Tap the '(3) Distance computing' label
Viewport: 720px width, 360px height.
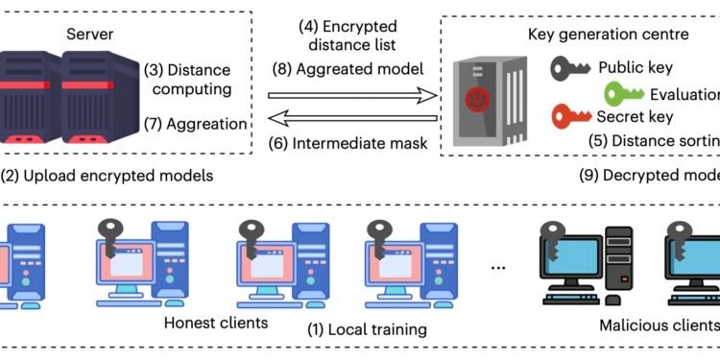(x=187, y=80)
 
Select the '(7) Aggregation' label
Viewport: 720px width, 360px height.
(x=195, y=124)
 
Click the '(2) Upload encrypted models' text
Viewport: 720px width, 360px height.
(x=108, y=176)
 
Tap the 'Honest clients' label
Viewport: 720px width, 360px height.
(x=215, y=322)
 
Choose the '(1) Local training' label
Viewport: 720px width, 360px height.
(x=366, y=330)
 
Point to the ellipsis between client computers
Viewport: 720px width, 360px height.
(x=497, y=266)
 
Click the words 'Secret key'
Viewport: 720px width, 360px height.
(x=634, y=117)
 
